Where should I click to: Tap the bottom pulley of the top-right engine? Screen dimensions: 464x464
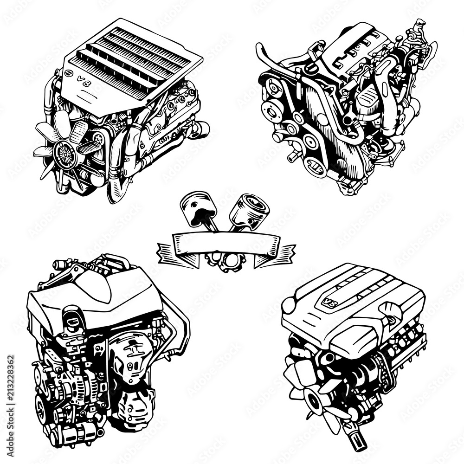click(317, 166)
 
